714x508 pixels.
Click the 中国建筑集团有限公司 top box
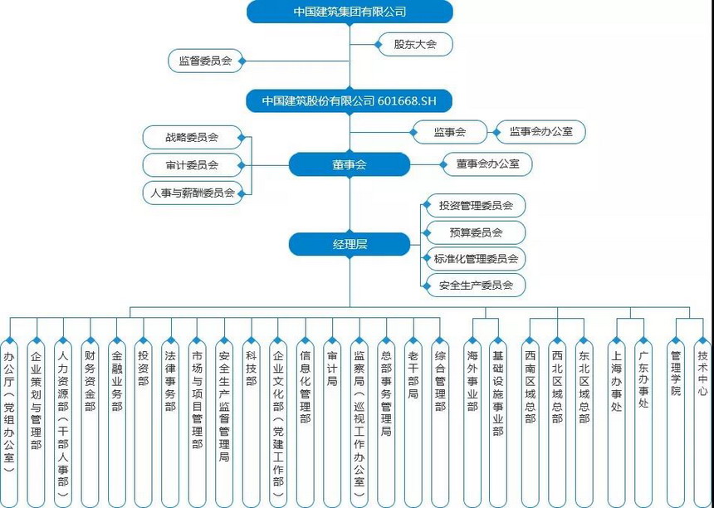[350, 12]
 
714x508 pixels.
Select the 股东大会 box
[414, 44]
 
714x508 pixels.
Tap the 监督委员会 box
[205, 61]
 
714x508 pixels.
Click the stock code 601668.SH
[407, 100]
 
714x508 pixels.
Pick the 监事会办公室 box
[540, 131]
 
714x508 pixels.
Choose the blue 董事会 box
[350, 164]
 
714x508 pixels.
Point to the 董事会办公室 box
[487, 164]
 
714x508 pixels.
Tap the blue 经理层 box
[350, 244]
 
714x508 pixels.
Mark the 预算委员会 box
[475, 232]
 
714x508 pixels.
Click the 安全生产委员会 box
[475, 286]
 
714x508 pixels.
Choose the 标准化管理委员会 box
[475, 259]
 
